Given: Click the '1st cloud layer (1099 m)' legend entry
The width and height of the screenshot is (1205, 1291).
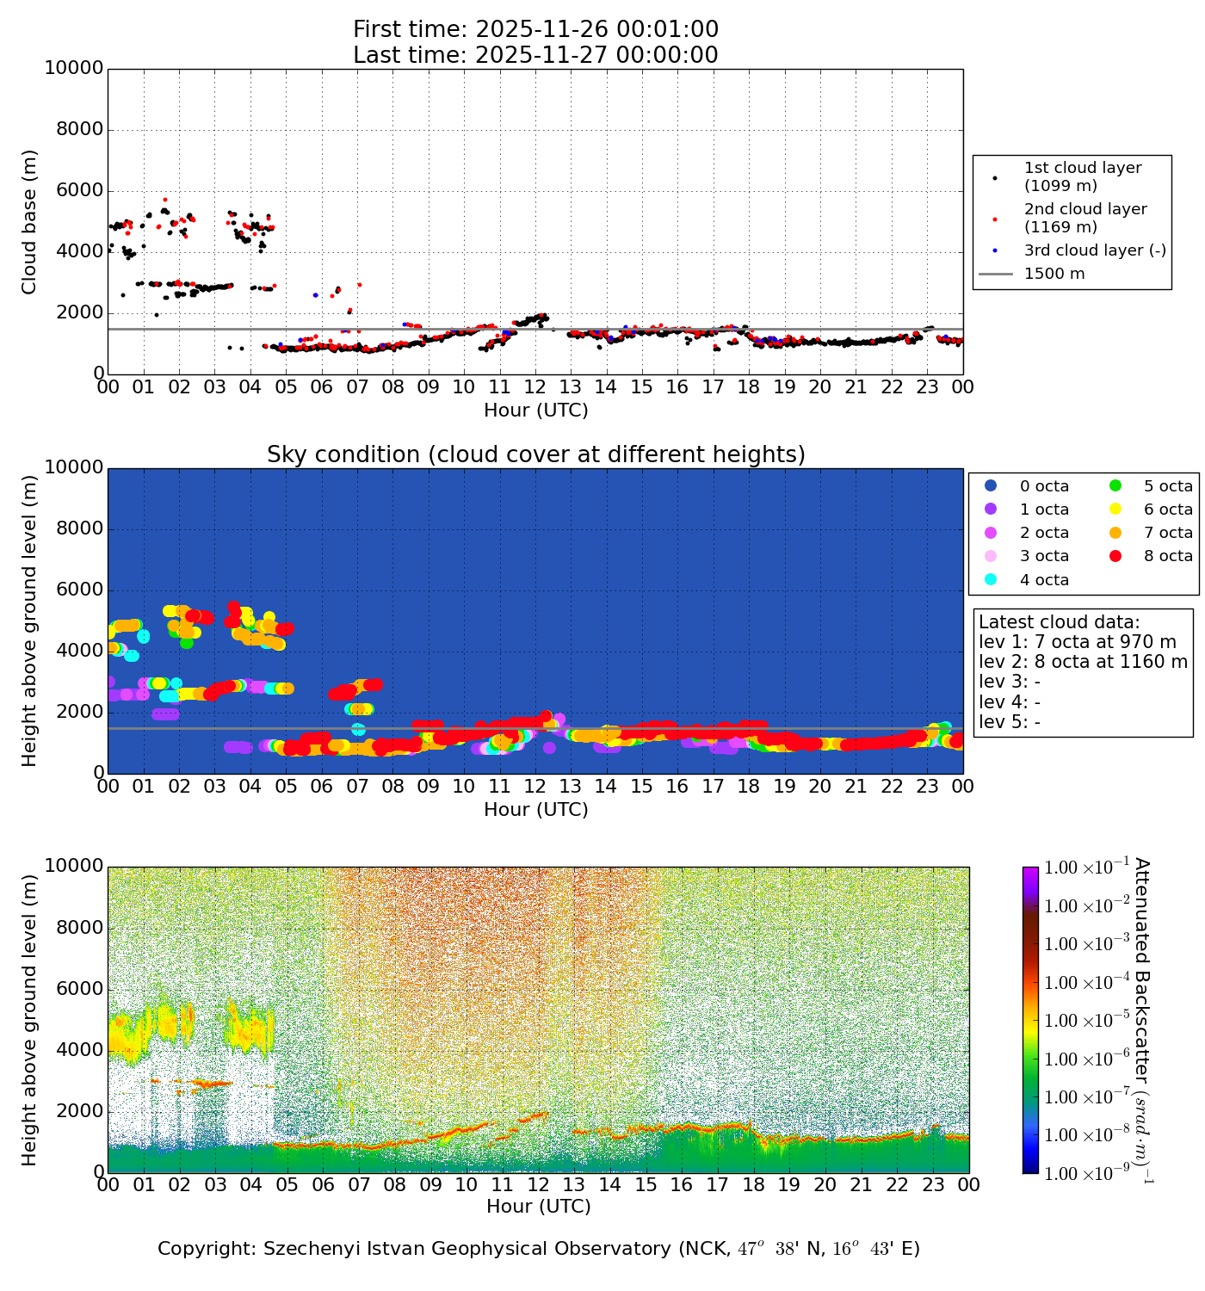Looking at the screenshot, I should tap(1082, 176).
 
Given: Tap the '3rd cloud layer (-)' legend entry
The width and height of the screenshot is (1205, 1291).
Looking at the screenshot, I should tap(1094, 250).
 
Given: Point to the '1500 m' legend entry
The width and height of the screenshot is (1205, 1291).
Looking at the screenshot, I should tap(1054, 274).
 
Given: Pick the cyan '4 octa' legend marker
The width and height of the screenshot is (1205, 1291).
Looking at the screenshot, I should tap(991, 580).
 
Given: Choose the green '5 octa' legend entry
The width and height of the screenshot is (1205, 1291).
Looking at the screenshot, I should tap(1167, 486).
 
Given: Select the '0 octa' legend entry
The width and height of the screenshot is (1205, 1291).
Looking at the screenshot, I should tap(1044, 486).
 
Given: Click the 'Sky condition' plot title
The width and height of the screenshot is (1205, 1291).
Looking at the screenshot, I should tap(535, 454).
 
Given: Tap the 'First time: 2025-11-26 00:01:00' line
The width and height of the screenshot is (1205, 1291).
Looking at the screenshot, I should tap(535, 30).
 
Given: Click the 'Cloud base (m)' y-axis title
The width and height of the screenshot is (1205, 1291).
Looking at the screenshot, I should tap(30, 222).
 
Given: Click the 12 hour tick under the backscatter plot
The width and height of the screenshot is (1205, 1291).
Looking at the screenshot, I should tap(538, 1185).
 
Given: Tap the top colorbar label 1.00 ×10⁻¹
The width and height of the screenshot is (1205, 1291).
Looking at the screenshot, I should tap(1087, 868).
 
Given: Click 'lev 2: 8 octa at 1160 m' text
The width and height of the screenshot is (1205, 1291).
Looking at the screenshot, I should tap(1083, 662).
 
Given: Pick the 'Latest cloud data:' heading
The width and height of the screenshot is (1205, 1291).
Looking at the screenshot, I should tap(1059, 622).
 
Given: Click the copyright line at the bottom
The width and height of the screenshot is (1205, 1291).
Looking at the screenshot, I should tap(539, 1249).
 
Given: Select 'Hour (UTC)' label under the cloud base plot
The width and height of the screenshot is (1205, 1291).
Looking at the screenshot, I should tap(535, 411).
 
